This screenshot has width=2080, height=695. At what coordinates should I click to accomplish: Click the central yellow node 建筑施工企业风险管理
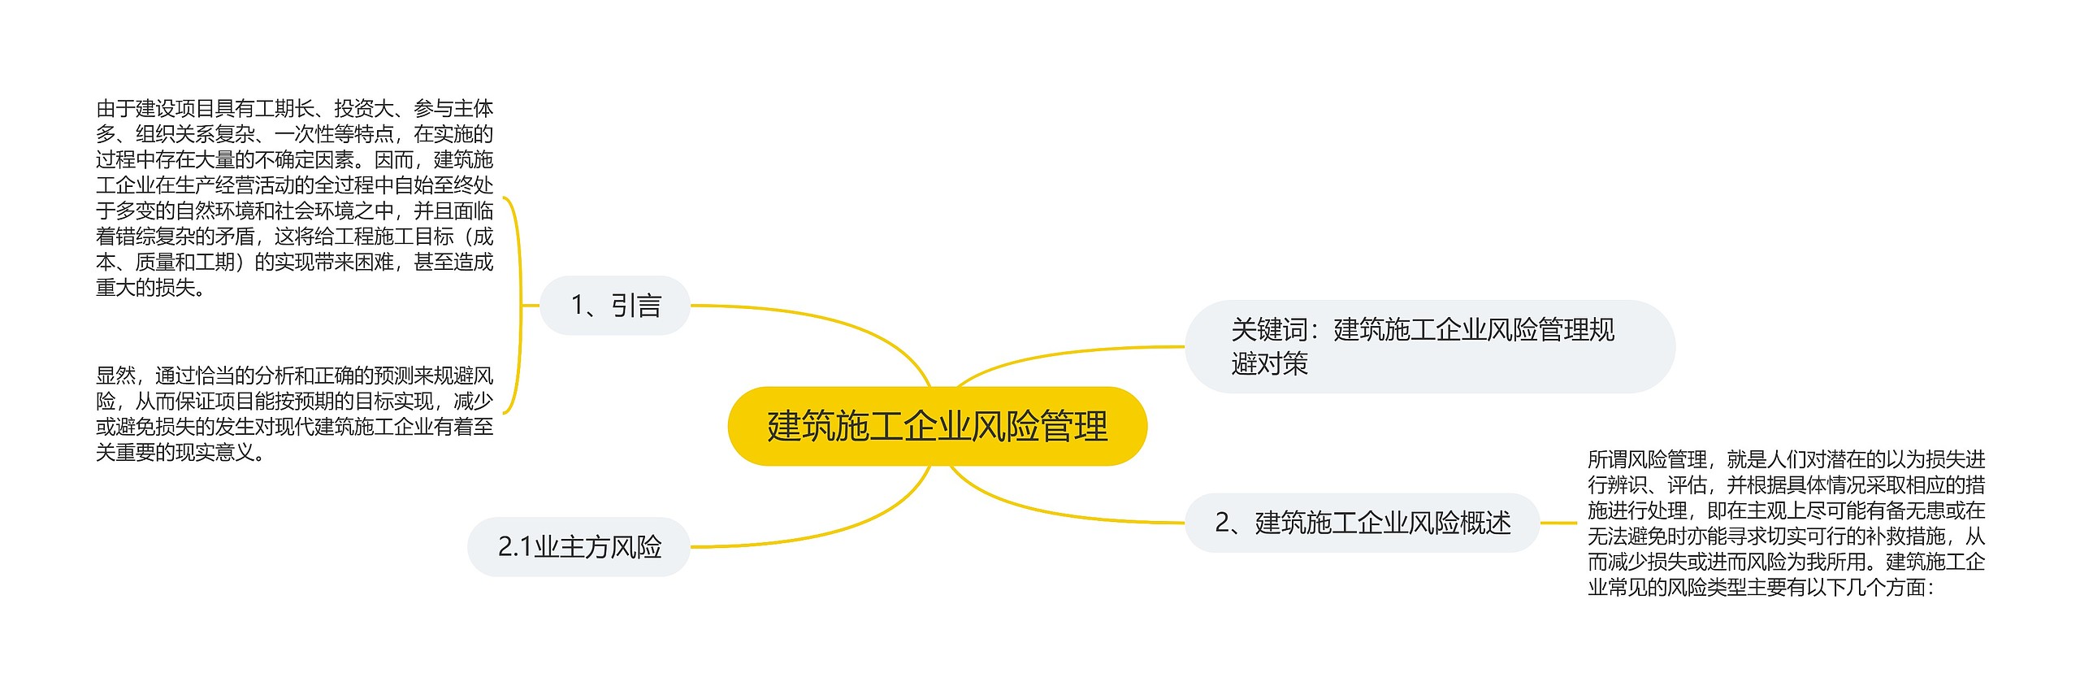pos(937,426)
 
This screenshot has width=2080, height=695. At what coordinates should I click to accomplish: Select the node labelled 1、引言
pos(615,306)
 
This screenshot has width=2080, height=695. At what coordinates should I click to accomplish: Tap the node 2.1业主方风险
pos(578,547)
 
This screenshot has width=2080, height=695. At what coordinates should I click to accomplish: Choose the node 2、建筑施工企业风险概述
pos(1362,523)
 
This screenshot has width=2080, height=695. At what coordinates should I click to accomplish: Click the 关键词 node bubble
pos(1429,346)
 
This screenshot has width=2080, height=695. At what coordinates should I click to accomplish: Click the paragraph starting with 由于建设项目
pos(294,198)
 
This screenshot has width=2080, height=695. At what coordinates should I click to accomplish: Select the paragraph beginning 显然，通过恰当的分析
pos(294,414)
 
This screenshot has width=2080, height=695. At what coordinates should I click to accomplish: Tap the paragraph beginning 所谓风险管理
pos(1786,523)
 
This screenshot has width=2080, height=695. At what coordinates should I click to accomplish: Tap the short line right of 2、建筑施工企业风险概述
pos(1558,523)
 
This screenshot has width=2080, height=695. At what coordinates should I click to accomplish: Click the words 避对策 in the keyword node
pos(1269,363)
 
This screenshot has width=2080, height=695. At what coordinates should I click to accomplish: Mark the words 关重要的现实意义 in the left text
pos(174,452)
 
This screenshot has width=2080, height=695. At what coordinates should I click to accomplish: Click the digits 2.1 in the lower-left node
pos(514,547)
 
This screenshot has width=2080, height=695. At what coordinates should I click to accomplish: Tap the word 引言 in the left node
pos(636,306)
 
